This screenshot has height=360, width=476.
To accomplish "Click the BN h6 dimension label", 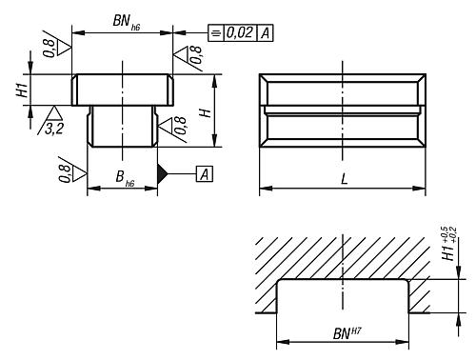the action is pos(127,22).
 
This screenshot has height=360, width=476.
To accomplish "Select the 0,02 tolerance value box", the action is pos(240,32).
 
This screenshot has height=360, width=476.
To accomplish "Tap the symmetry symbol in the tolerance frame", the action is pos(216,32).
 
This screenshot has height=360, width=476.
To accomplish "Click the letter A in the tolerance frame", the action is pos(265,33).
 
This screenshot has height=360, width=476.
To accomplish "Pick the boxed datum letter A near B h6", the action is pos(205,174).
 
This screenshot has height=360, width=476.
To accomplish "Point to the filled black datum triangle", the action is pos(162,173).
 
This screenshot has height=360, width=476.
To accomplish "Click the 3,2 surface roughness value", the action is pos(54,129).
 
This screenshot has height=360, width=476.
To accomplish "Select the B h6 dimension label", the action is pos(125,178).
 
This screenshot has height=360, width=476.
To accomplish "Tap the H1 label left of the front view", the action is pos(23,90).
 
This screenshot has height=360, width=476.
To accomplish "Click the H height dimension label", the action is pos(206,112).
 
